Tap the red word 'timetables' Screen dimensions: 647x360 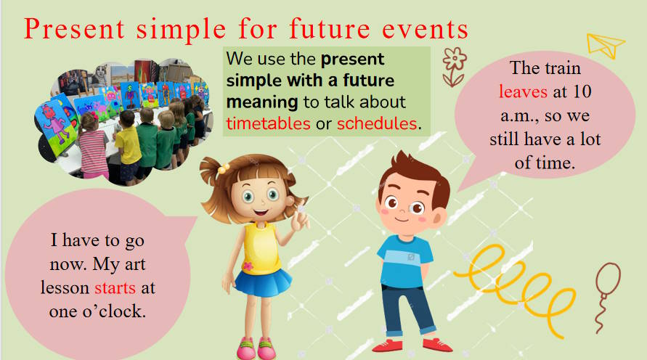pyautogui.click(x=268, y=123)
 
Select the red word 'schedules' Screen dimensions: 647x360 pyautogui.click(x=377, y=123)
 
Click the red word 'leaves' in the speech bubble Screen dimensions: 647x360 pyautogui.click(x=524, y=91)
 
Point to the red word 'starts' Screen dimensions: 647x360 pyautogui.click(x=115, y=287)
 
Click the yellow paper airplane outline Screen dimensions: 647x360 pyautogui.click(x=606, y=45)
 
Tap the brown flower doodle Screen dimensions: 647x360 pyautogui.click(x=454, y=67)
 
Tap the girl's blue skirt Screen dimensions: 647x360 pyautogui.click(x=264, y=282)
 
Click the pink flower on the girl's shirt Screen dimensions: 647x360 pyautogui.click(x=248, y=266)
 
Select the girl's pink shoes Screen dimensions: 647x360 pyautogui.click(x=256, y=348)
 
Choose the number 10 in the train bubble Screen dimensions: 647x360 pyautogui.click(x=582, y=91)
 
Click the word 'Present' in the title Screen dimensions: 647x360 pyautogui.click(x=74, y=28)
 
